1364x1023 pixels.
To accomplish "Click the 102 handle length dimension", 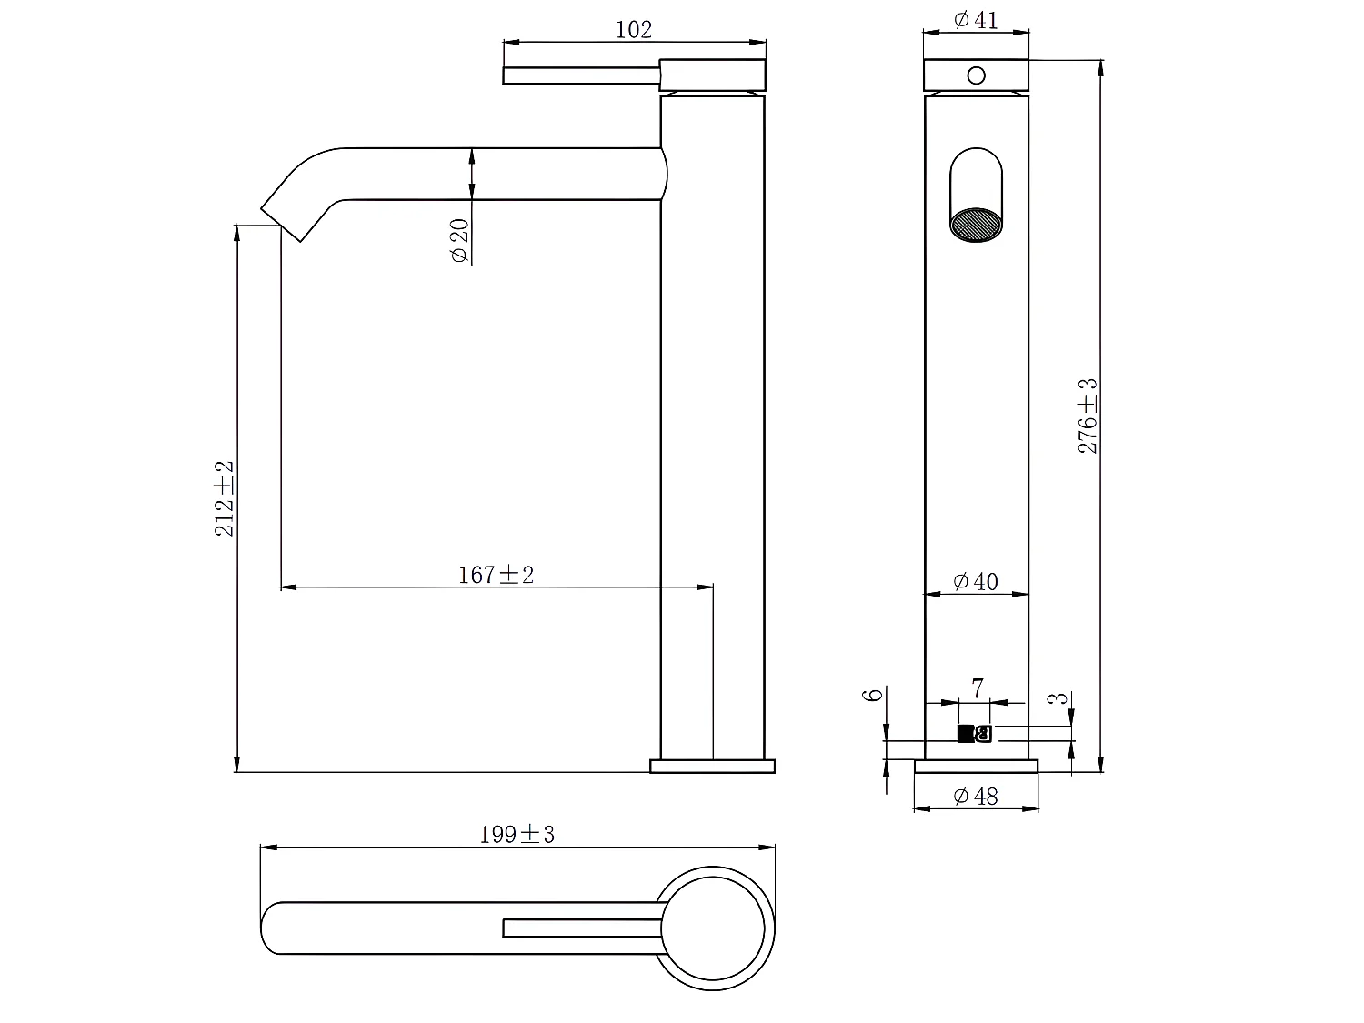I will click(x=634, y=29).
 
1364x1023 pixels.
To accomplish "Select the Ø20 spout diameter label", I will click(x=459, y=240).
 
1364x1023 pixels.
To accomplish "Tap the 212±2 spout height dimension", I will click(x=224, y=497).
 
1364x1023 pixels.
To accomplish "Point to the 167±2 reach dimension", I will click(x=496, y=575).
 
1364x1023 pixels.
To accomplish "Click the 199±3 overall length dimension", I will click(x=517, y=834).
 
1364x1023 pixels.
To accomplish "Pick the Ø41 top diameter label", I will click(x=976, y=19).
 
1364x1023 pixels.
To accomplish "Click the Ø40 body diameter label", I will click(x=976, y=581).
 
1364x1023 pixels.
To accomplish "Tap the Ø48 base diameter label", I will click(x=976, y=797).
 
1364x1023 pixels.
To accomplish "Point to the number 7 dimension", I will click(x=978, y=688).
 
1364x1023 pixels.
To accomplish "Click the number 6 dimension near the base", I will click(x=873, y=695).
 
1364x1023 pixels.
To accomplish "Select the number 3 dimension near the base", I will click(x=1058, y=699).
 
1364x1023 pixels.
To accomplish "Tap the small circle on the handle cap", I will click(x=976, y=75).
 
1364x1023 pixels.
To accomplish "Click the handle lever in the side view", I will click(x=582, y=75).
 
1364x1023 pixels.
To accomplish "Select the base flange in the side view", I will click(x=712, y=766).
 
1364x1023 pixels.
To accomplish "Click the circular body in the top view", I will click(x=713, y=928).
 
